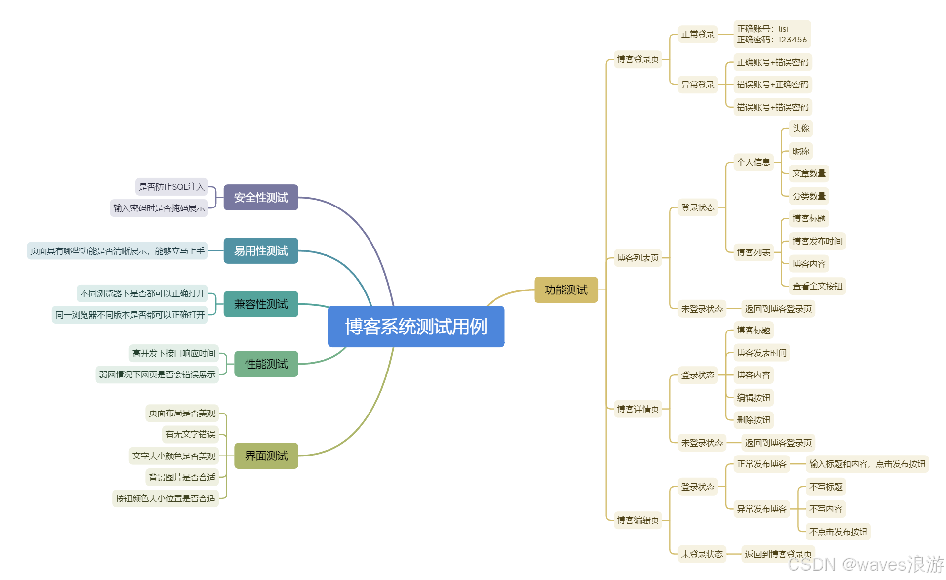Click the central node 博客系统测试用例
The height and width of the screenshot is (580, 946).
pyautogui.click(x=416, y=327)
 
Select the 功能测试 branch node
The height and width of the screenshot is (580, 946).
pyautogui.click(x=566, y=290)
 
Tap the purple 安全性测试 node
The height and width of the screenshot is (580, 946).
pyautogui.click(x=261, y=198)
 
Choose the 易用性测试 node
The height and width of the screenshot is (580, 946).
pyautogui.click(x=261, y=251)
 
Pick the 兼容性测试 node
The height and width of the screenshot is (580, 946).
pyautogui.click(x=261, y=304)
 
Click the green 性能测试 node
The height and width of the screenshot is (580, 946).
pyautogui.click(x=266, y=364)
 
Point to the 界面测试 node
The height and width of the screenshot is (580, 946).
pyautogui.click(x=266, y=456)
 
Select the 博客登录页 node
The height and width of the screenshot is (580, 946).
pyautogui.click(x=638, y=60)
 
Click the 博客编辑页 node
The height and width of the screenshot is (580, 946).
pyautogui.click(x=638, y=520)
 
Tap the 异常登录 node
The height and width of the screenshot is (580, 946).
pyautogui.click(x=698, y=84)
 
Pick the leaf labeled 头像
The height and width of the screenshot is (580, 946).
pyautogui.click(x=801, y=129)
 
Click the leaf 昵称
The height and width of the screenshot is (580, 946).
pyautogui.click(x=801, y=151)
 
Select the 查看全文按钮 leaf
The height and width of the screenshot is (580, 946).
pyautogui.click(x=818, y=286)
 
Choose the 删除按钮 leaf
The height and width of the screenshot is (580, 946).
pyautogui.click(x=753, y=420)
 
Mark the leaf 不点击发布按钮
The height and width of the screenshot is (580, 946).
pyautogui.click(x=838, y=532)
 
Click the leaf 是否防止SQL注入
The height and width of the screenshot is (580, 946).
pyautogui.click(x=171, y=187)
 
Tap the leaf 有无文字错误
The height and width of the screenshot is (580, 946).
pyautogui.click(x=191, y=434)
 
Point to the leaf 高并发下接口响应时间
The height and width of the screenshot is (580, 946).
pyautogui.click(x=174, y=353)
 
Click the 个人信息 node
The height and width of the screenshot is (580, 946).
pyautogui.click(x=753, y=162)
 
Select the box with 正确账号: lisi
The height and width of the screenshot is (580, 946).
pyautogui.click(x=772, y=34)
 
